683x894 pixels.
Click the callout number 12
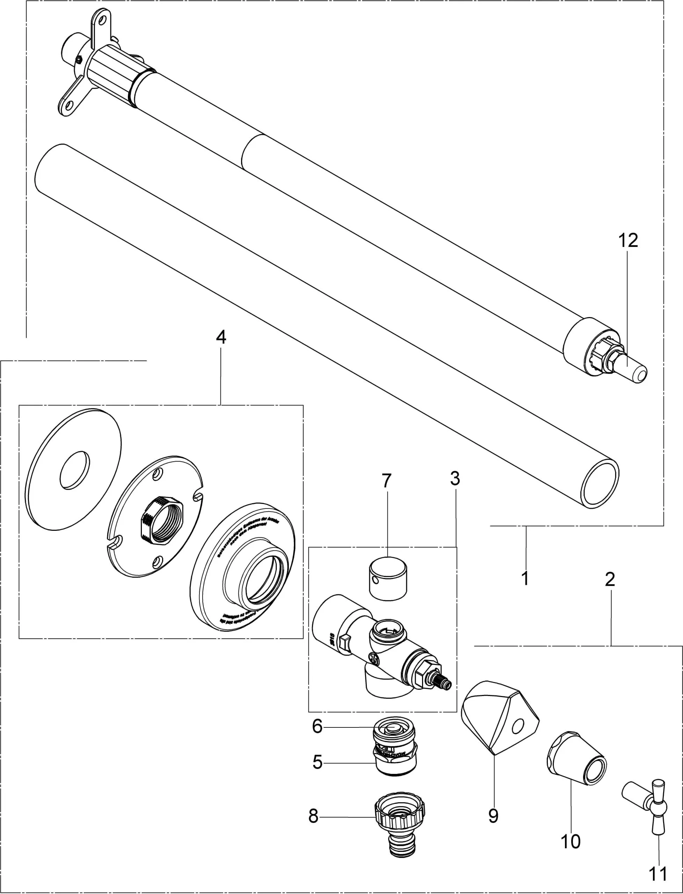[628, 241]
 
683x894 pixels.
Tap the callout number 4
[221, 337]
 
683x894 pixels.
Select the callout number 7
[386, 481]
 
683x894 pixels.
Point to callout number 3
[455, 479]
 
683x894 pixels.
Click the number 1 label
[525, 578]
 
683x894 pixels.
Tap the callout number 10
[571, 841]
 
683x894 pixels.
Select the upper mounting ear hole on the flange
[102, 20]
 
